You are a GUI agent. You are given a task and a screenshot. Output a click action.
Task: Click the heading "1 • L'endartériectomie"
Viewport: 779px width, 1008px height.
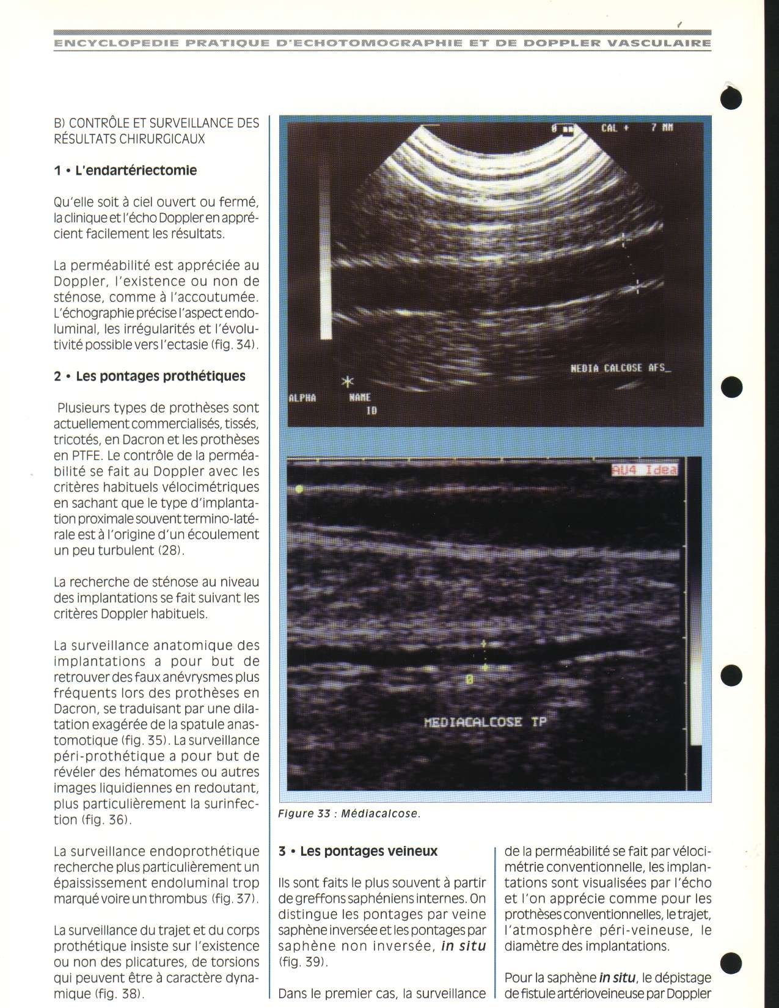pyautogui.click(x=125, y=170)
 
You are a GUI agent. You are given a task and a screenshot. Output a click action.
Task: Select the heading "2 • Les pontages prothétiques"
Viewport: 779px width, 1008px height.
pyautogui.click(x=150, y=376)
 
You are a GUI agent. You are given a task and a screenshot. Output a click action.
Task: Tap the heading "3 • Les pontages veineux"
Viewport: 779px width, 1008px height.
pyautogui.click(x=358, y=851)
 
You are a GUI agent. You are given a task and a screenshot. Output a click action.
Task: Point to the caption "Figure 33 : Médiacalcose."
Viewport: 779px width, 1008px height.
pyautogui.click(x=349, y=814)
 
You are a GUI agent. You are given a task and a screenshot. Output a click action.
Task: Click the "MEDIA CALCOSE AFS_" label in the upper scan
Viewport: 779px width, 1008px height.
pyautogui.click(x=620, y=368)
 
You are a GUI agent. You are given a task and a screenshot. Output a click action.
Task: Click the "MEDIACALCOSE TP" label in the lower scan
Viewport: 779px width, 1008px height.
pyautogui.click(x=485, y=722)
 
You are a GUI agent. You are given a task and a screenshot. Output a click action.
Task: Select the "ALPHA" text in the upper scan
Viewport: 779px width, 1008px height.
pyautogui.click(x=302, y=398)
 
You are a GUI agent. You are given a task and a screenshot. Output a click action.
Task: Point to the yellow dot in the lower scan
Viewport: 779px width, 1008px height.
pyautogui.click(x=299, y=489)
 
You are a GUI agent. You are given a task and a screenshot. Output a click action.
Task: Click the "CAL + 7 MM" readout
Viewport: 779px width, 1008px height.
pyautogui.click(x=637, y=129)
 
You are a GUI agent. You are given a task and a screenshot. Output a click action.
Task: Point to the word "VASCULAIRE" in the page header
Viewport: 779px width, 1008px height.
pyautogui.click(x=660, y=43)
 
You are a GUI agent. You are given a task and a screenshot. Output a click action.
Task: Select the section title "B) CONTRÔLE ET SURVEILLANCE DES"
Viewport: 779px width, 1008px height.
pyautogui.click(x=156, y=123)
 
